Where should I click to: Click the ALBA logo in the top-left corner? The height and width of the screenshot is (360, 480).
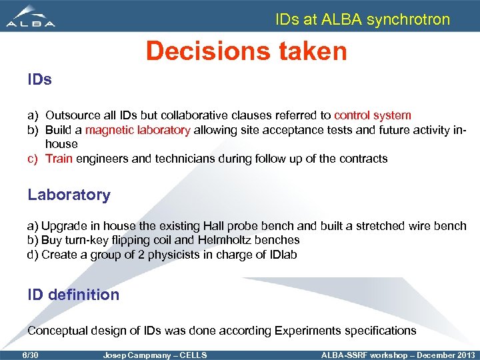pyautogui.click(x=31, y=16)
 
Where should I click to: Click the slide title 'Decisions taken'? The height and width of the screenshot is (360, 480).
pyautogui.click(x=246, y=51)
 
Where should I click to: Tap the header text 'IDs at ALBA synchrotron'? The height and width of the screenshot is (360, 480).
pyautogui.click(x=363, y=19)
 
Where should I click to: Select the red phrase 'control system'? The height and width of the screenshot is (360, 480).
pyautogui.click(x=372, y=115)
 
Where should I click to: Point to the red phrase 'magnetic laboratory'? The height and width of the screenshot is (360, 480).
pyautogui.click(x=137, y=130)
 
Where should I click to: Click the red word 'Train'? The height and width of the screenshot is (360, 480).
pyautogui.click(x=59, y=159)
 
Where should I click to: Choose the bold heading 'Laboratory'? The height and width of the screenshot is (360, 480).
pyautogui.click(x=69, y=195)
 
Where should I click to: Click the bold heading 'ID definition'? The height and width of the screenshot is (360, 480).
pyautogui.click(x=73, y=295)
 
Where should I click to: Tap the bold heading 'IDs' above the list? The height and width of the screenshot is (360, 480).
pyautogui.click(x=39, y=81)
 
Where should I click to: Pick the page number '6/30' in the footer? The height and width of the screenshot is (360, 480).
pyautogui.click(x=31, y=355)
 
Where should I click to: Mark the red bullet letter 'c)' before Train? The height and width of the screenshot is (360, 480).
pyautogui.click(x=33, y=159)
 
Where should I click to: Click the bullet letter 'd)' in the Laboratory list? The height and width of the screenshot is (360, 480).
pyautogui.click(x=33, y=255)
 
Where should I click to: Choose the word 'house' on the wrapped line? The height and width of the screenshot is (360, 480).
pyautogui.click(x=61, y=144)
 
